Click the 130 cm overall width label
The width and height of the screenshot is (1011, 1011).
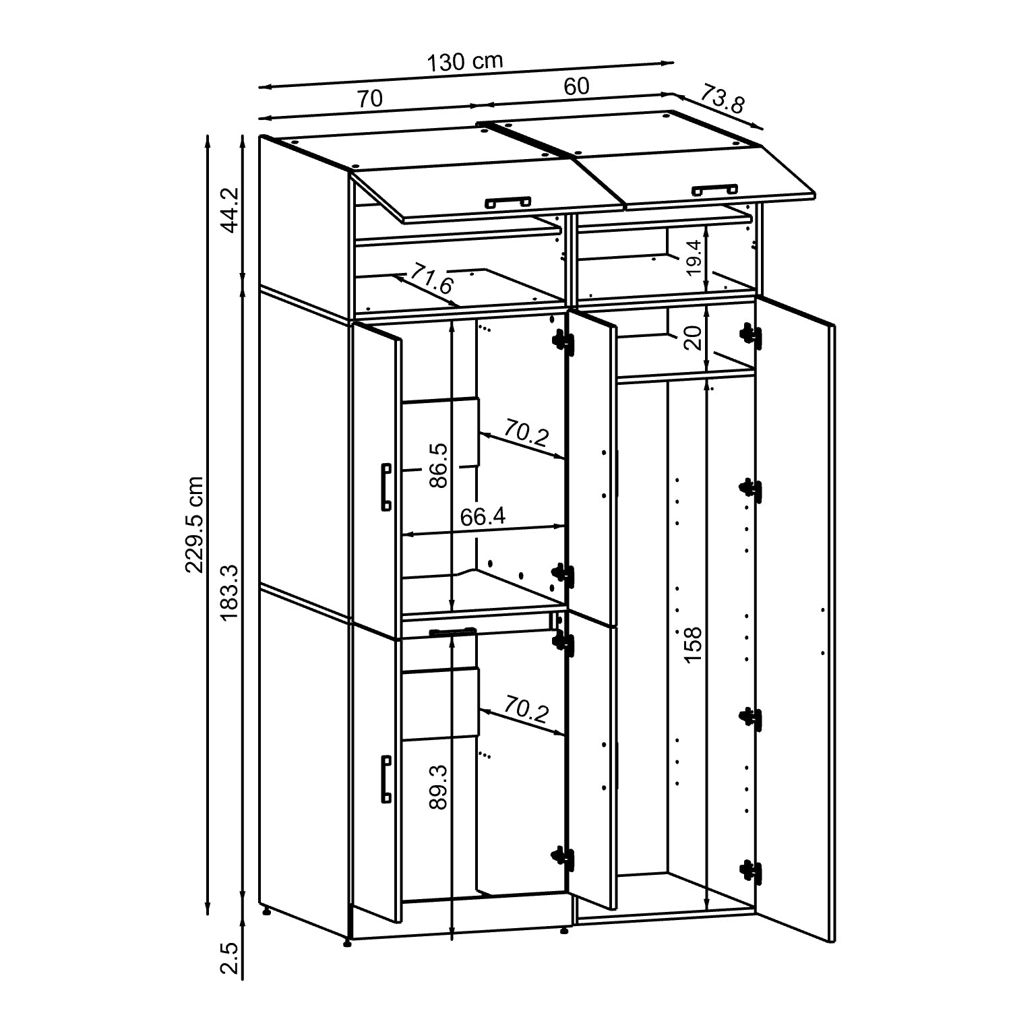(x=466, y=62)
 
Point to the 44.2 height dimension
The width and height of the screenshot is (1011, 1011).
(x=230, y=210)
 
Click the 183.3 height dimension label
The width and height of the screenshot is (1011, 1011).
(x=230, y=592)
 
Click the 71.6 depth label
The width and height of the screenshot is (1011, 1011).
(x=432, y=279)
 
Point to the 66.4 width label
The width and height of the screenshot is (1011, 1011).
(x=483, y=516)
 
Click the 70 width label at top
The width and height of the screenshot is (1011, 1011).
(x=370, y=98)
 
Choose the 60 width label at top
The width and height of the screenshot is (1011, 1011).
(x=576, y=86)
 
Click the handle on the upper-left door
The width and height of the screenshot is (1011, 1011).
(x=386, y=487)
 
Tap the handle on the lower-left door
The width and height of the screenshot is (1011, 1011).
(x=386, y=778)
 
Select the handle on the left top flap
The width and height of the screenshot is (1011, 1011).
(x=507, y=201)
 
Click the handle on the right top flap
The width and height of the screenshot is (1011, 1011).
(x=714, y=189)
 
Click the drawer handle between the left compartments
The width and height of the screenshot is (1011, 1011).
(x=452, y=632)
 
